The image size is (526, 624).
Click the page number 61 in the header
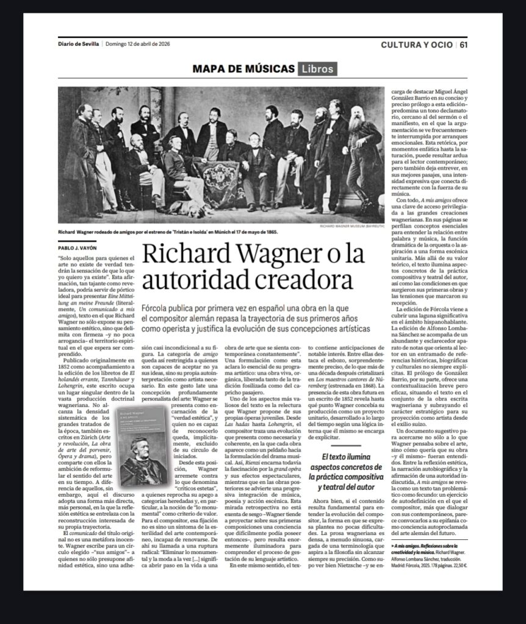464,44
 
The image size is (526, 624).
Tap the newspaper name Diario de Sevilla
78,44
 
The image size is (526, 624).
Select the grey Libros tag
317,68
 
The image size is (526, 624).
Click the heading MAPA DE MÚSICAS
243,68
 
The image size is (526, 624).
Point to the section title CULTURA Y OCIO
417,44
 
